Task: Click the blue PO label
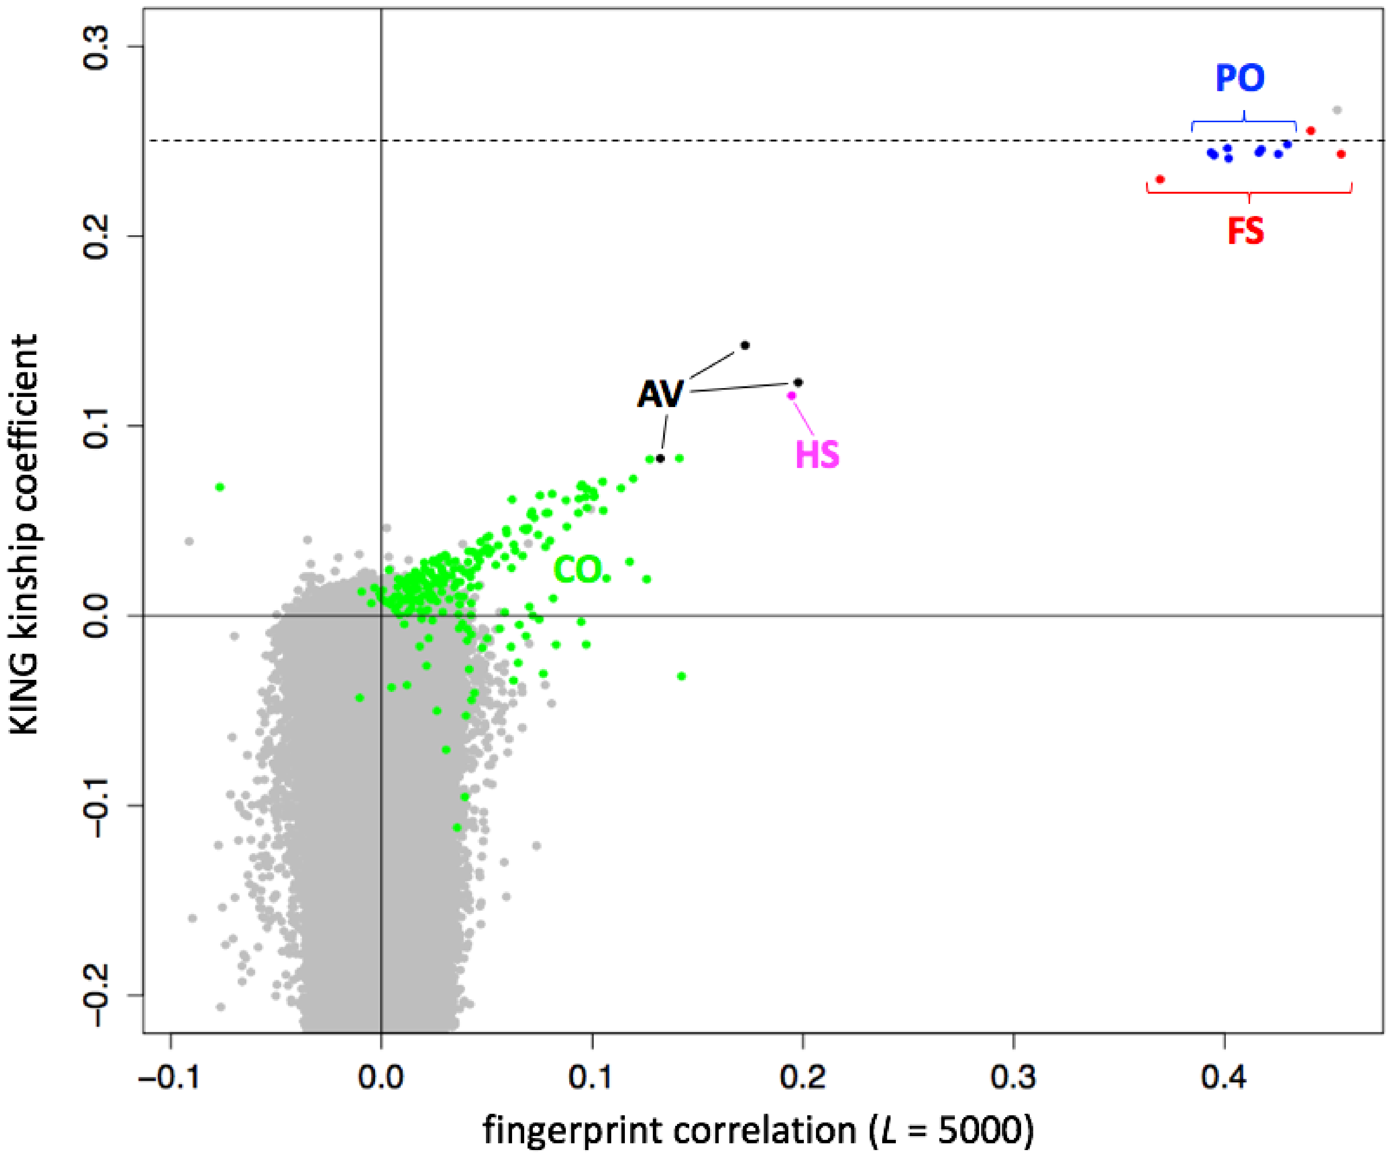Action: [x=1239, y=78]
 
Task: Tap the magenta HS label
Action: [x=817, y=455]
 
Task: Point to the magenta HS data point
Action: [x=791, y=396]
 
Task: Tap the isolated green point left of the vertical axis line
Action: [x=220, y=487]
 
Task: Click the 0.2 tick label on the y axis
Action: [x=96, y=236]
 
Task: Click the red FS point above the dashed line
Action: [x=1311, y=131]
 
